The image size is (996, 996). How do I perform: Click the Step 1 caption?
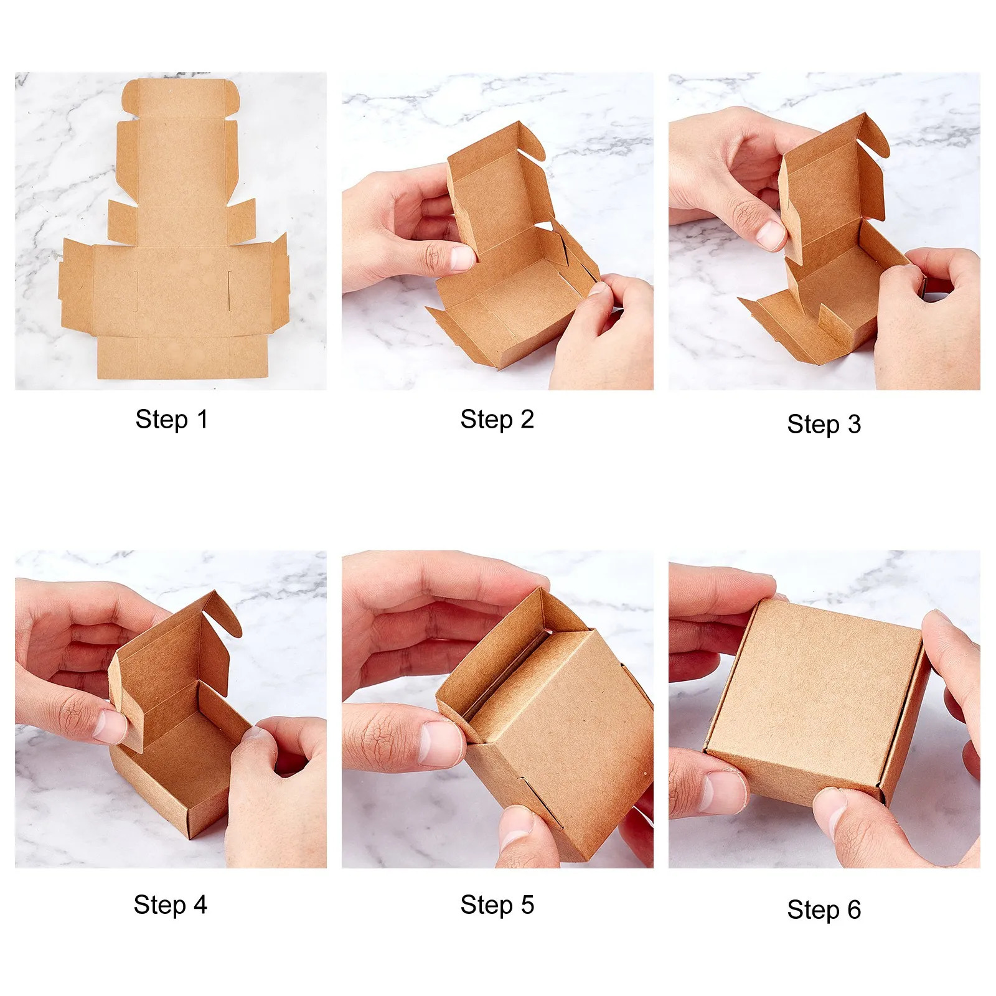pos(171,420)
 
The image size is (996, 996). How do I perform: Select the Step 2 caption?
pos(497,420)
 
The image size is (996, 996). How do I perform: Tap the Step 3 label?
pos(824,425)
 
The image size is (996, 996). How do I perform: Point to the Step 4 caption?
pos(170,905)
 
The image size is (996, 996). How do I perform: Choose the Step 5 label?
pos(497,905)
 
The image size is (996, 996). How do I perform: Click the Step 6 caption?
pos(824,910)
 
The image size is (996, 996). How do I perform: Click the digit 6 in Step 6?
pos(854,910)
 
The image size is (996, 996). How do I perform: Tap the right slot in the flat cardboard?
pos(229,290)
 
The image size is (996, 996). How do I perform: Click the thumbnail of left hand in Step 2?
pos(461,258)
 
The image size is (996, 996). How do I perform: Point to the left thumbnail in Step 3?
pos(771,235)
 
